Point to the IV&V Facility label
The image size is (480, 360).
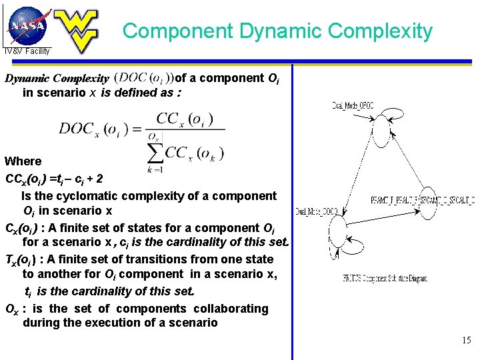(27, 51)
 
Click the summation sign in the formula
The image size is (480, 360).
(155, 153)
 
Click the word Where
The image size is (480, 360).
(23, 161)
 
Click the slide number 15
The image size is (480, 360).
(466, 340)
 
